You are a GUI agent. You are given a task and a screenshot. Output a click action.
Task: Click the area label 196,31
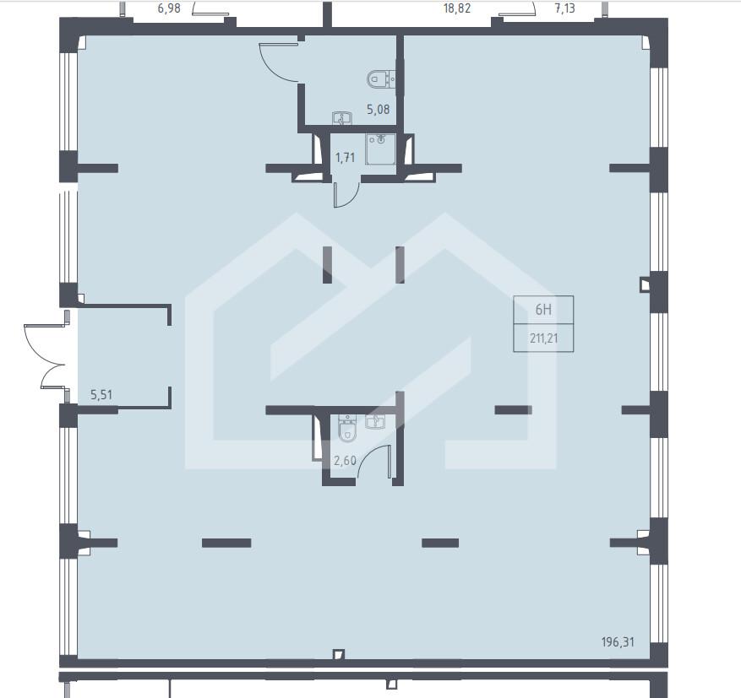click(618, 641)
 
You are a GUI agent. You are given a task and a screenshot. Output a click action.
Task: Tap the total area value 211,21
click(544, 338)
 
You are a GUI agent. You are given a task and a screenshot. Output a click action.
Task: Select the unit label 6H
click(543, 310)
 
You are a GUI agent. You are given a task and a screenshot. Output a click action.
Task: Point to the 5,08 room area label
click(378, 110)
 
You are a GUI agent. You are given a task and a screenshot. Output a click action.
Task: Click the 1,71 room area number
click(345, 157)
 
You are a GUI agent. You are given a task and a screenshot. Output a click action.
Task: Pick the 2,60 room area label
click(345, 460)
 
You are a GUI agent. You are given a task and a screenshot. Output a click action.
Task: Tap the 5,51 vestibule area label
click(101, 394)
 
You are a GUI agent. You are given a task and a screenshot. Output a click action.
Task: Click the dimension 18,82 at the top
click(457, 8)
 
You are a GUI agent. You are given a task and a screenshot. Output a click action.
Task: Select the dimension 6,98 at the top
click(169, 8)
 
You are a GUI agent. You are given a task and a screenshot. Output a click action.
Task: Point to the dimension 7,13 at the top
click(564, 8)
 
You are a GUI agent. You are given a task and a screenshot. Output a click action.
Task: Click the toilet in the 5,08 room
click(381, 78)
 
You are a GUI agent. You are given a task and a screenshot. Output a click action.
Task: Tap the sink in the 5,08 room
click(341, 118)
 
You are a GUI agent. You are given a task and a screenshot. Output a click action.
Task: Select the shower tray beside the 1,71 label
click(380, 149)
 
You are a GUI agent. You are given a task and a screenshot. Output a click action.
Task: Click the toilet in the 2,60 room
click(347, 428)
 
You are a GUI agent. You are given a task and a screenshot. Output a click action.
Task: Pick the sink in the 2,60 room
click(375, 421)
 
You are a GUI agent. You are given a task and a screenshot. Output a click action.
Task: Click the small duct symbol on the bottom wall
click(339, 655)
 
